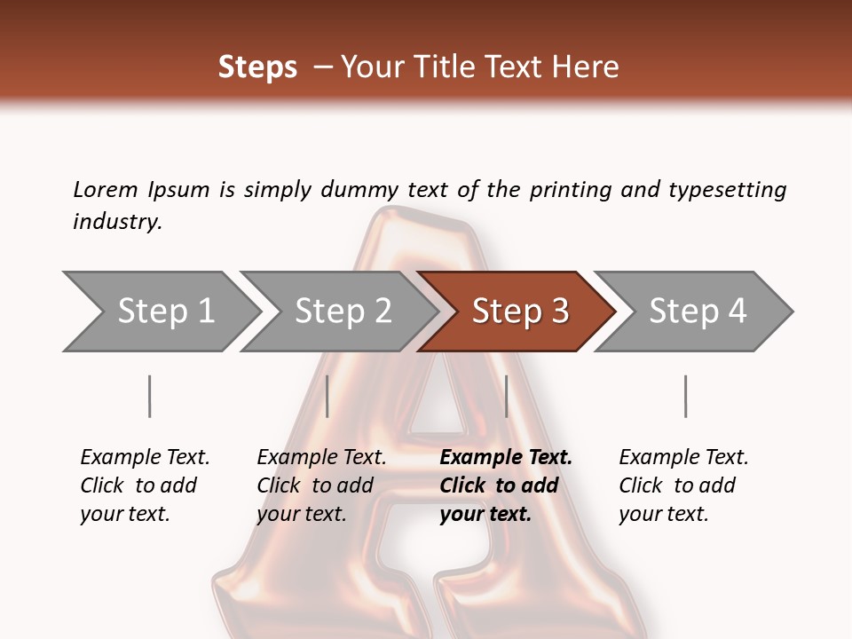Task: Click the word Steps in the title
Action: click(x=257, y=67)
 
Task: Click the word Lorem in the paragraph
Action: click(x=105, y=189)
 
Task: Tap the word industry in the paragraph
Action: click(x=117, y=221)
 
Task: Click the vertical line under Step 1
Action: click(x=150, y=396)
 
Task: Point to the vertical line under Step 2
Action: click(x=327, y=396)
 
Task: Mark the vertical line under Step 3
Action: click(x=506, y=396)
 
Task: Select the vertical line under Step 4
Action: click(x=685, y=396)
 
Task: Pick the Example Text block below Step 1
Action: click(x=145, y=485)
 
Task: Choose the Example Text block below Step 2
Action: click(x=321, y=485)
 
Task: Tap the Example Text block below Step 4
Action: click(x=683, y=485)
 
